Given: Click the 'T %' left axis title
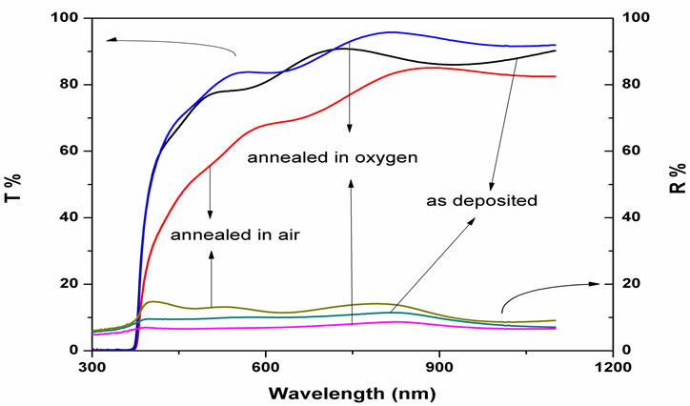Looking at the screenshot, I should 17,185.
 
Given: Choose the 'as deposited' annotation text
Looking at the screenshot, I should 483,201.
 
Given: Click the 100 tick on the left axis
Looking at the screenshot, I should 67,18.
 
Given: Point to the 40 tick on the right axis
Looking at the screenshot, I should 630,217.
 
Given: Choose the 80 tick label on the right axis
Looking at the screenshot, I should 630,85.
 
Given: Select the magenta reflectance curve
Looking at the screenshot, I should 286,327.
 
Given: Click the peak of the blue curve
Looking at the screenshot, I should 389,32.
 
